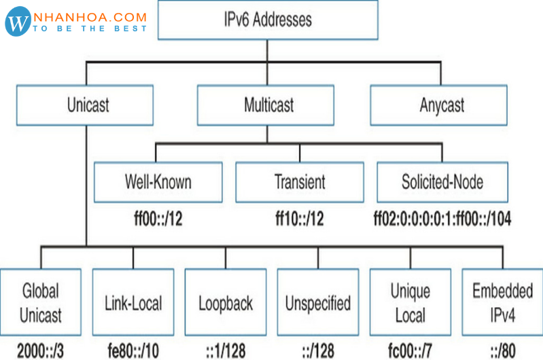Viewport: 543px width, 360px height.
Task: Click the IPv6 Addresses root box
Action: (x=268, y=19)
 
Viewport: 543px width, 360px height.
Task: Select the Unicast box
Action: (x=88, y=105)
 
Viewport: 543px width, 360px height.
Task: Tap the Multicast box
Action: (x=268, y=105)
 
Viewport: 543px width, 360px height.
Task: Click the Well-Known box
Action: (x=158, y=182)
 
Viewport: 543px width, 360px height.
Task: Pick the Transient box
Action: (x=300, y=182)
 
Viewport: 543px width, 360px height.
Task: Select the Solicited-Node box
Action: (x=442, y=182)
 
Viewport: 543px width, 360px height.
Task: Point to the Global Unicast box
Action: (x=40, y=302)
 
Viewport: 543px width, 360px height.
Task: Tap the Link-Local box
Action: (x=133, y=302)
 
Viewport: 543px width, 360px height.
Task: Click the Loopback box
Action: (x=225, y=302)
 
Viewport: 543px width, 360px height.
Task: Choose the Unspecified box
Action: (x=317, y=302)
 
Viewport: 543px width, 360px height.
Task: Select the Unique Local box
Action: (x=410, y=302)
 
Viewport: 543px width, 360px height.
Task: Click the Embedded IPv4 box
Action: (x=502, y=302)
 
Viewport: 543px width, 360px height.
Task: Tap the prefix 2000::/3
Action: (x=40, y=350)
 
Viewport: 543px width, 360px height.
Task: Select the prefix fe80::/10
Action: (x=133, y=350)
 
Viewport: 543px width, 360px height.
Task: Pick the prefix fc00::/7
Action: (x=410, y=350)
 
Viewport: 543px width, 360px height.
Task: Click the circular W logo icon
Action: (x=19, y=22)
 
